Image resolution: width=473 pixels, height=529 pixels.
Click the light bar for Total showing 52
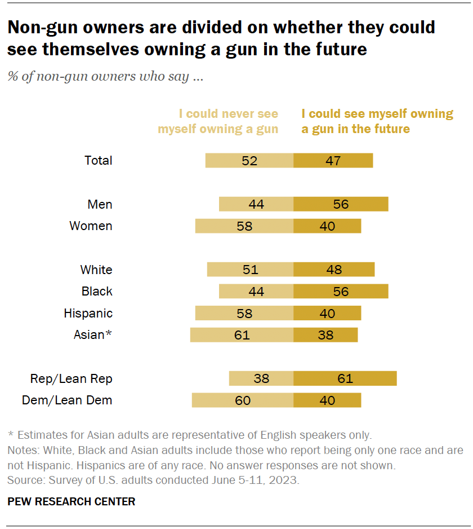click(x=249, y=160)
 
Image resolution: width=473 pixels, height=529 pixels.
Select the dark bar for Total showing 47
click(x=333, y=160)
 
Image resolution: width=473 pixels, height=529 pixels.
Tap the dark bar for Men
click(x=341, y=204)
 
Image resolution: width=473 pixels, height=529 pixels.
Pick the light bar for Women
click(x=244, y=226)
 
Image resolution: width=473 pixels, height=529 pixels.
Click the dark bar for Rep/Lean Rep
click(x=345, y=378)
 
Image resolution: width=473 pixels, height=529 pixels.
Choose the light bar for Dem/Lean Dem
click(x=243, y=400)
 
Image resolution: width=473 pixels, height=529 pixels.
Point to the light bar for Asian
click(x=242, y=335)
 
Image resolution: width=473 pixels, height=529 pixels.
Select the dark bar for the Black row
click(x=341, y=292)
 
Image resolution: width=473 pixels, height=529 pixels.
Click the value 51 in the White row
click(x=250, y=270)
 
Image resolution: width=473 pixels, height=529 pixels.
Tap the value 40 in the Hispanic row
click(x=327, y=314)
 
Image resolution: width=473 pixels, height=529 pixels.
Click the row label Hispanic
click(x=88, y=314)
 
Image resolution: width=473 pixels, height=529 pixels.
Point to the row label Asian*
click(x=93, y=335)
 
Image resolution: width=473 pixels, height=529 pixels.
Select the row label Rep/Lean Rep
click(x=72, y=378)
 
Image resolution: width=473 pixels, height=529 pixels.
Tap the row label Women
click(x=91, y=226)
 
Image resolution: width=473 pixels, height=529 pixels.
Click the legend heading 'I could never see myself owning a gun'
click(x=218, y=121)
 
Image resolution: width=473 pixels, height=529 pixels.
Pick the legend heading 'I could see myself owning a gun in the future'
click(x=377, y=121)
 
